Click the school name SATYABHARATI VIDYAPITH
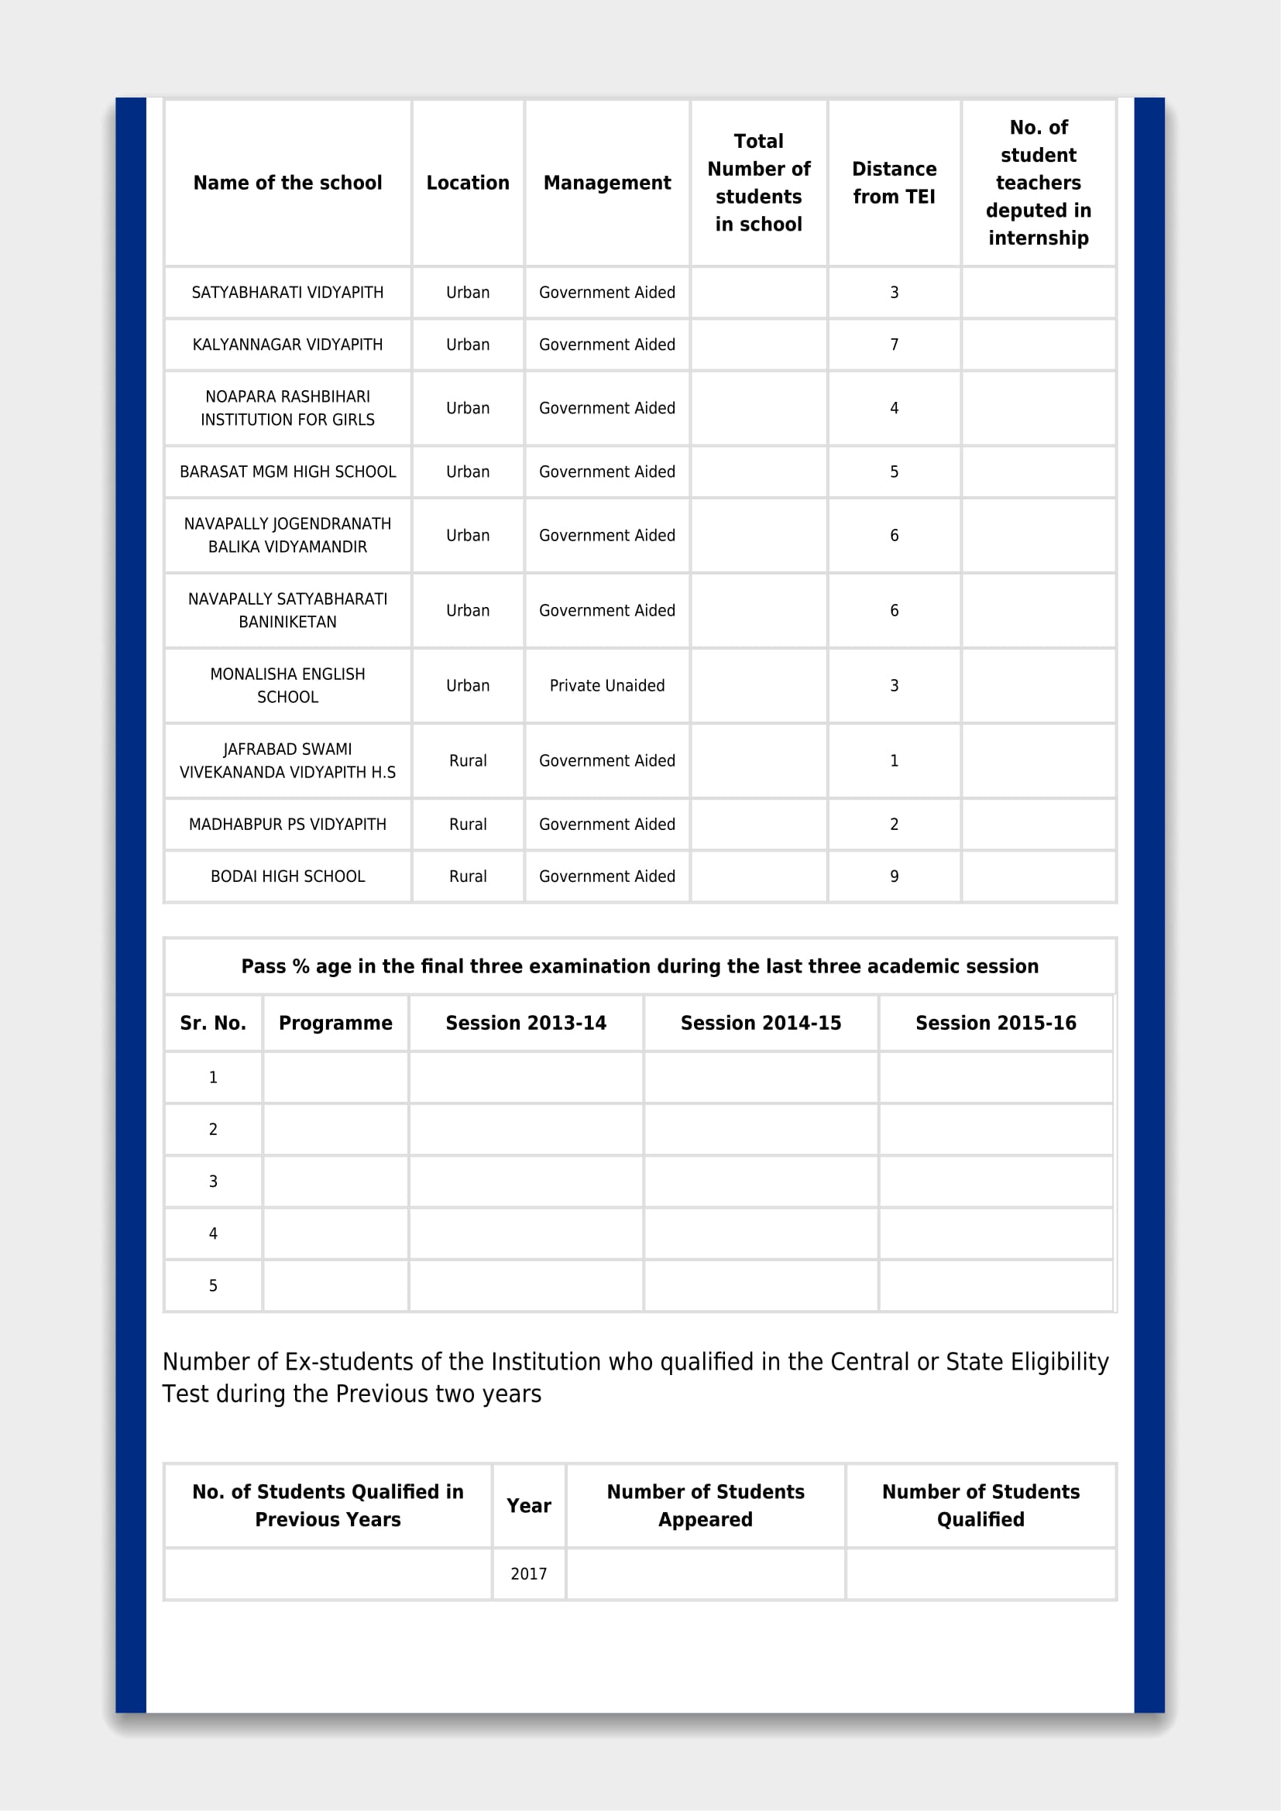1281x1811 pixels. coord(287,293)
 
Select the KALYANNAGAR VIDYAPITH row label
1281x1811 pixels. coord(287,345)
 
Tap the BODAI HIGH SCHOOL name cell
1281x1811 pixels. coord(287,876)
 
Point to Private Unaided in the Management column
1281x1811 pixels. coord(606,685)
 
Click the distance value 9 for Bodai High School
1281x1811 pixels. coord(894,876)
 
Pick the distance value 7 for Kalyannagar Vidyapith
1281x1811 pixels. coord(894,345)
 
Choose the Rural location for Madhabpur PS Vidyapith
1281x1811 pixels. coord(468,825)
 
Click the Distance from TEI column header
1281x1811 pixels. coord(894,182)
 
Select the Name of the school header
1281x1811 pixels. coord(287,183)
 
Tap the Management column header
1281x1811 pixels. coord(606,183)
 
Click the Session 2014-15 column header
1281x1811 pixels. coord(761,1023)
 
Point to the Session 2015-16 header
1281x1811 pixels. coord(995,1023)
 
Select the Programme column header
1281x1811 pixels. coord(335,1023)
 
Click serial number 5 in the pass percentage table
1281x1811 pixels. coord(213,1286)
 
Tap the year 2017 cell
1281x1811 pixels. coord(528,1573)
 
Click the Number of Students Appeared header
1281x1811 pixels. coord(706,1505)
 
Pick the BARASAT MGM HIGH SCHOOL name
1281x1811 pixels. coord(287,472)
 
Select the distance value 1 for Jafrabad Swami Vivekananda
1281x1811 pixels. coord(894,760)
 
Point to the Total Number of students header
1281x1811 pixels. coord(758,182)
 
